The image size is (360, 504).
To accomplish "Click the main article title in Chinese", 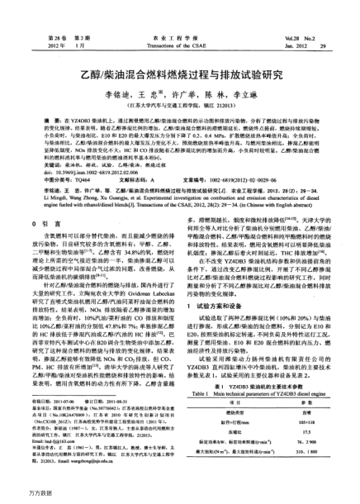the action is [x=180, y=69].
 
